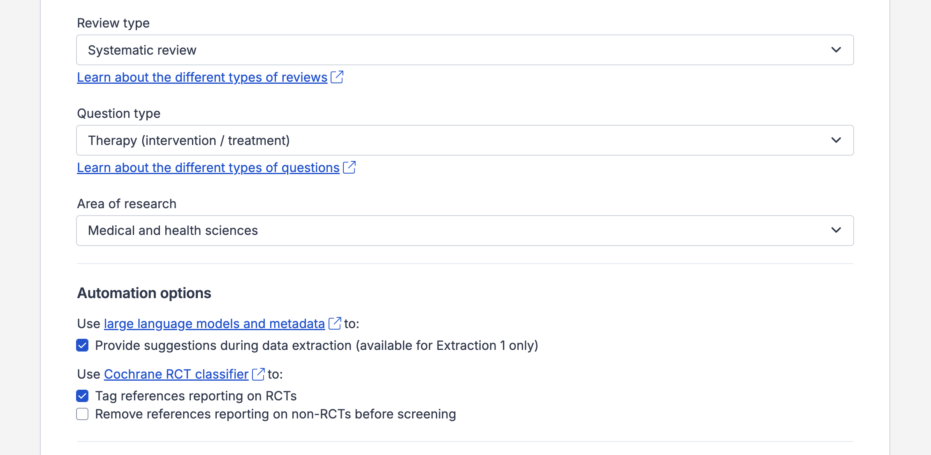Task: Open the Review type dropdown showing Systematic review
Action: pos(465,50)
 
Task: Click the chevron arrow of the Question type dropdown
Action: pos(836,140)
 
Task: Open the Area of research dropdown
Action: pos(465,230)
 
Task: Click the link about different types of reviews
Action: pos(202,77)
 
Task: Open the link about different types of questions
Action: pos(208,168)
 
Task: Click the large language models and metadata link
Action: pos(214,324)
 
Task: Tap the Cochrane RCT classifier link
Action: pos(176,374)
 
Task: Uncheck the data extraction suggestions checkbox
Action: pos(82,345)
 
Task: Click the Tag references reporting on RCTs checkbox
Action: pos(82,396)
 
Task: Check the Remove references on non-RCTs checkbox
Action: pos(82,414)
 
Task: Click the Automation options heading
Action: pos(144,293)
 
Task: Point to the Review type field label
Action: pos(113,23)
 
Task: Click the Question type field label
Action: pos(118,114)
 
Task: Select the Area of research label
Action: pos(126,204)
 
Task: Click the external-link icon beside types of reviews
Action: pos(337,77)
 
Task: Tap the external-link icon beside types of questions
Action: pos(350,167)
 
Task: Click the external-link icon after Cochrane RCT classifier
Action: pos(258,374)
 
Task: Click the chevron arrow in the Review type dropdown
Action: pos(836,50)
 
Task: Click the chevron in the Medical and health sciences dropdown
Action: pos(836,230)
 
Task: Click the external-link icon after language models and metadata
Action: pos(335,323)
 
